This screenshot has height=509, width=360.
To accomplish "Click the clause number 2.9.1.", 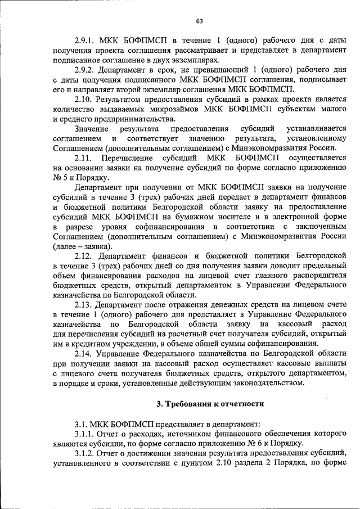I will click(x=85, y=40).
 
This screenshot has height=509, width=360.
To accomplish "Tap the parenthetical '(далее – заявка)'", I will click(x=83, y=246).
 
